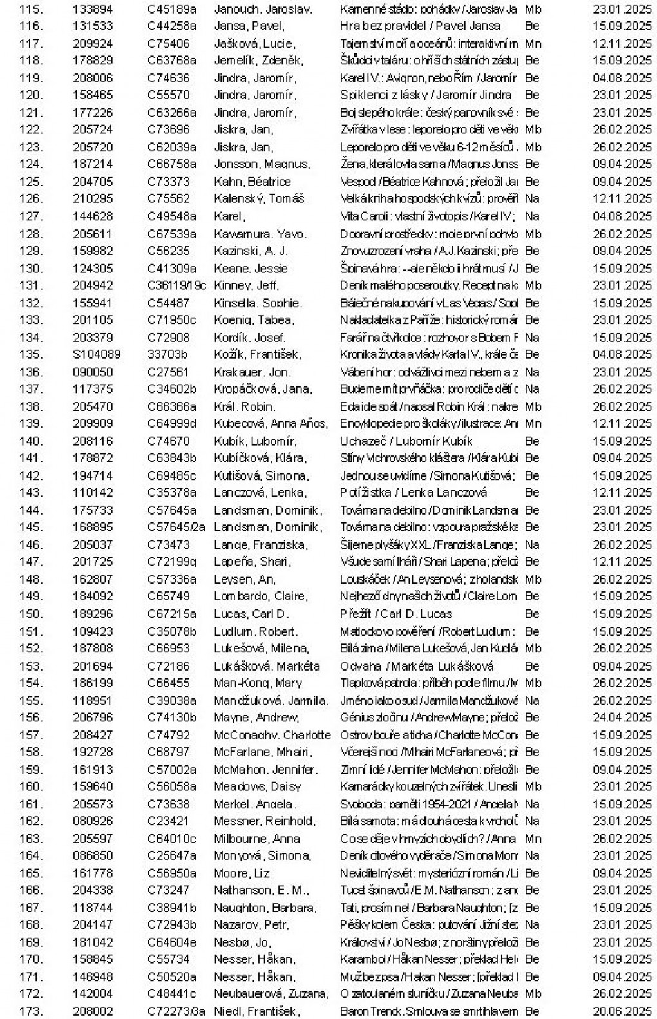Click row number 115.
coord(31,9)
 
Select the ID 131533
coord(93,26)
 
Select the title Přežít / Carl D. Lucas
coord(395,614)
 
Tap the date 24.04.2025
coord(622,718)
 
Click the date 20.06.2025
coord(622,1011)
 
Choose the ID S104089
coord(96,354)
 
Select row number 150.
coord(31,614)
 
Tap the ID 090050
coord(93,372)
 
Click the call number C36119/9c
coord(177,285)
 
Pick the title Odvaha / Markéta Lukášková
coord(417,666)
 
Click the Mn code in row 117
coord(533,44)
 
